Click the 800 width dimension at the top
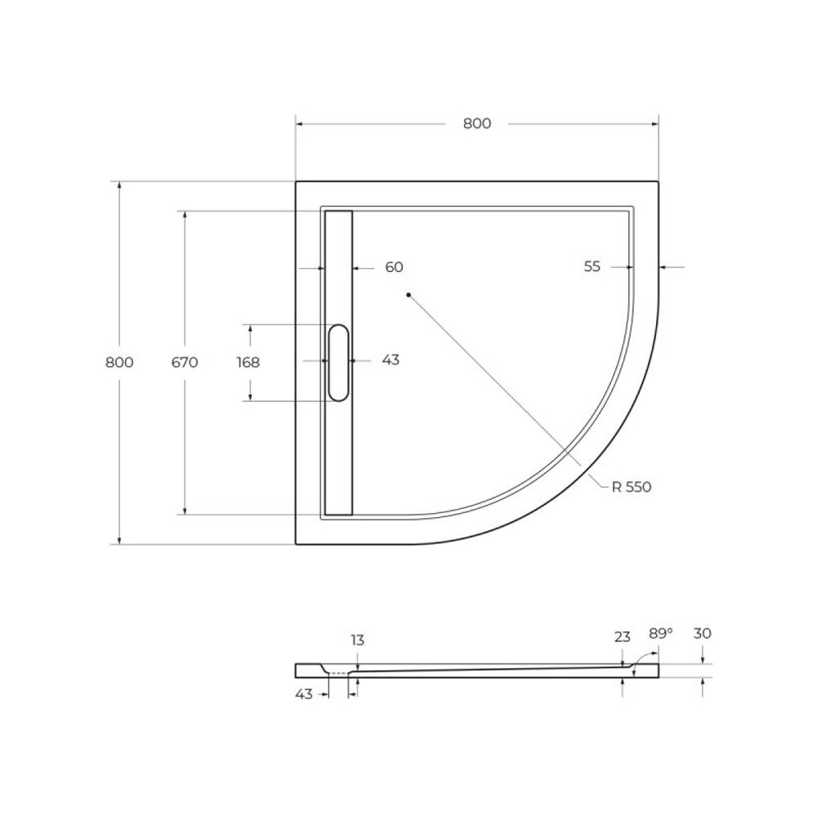click(x=477, y=123)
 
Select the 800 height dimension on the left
click(x=119, y=363)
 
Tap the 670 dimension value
click(x=185, y=363)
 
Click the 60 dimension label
click(x=394, y=267)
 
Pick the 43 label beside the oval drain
click(x=391, y=359)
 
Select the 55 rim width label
click(x=592, y=266)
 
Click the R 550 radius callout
click(x=631, y=487)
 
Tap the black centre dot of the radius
click(x=408, y=295)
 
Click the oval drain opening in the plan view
click(x=338, y=363)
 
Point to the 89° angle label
click(x=660, y=633)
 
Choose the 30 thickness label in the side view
click(x=702, y=633)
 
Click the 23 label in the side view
click(x=623, y=637)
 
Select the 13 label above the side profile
click(x=358, y=640)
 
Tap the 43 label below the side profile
click(x=304, y=694)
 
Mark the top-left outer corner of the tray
click(x=296, y=181)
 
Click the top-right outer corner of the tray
click(x=658, y=181)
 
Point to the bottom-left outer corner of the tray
click(x=296, y=543)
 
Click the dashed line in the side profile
click(x=337, y=672)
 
